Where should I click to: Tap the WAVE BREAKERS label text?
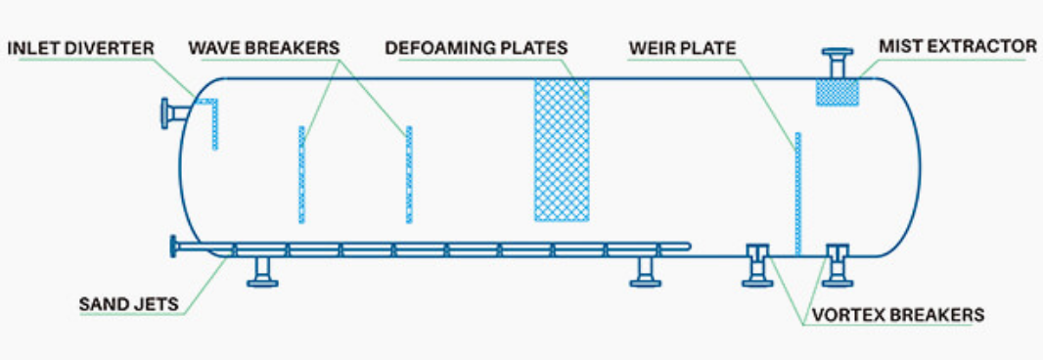tap(264, 47)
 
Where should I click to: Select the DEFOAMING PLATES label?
tap(476, 47)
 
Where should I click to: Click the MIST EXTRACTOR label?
tap(957, 46)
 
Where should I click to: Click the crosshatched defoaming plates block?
tap(561, 149)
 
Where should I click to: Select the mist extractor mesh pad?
tap(837, 92)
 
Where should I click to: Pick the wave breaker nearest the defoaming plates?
tap(408, 174)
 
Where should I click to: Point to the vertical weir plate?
tap(799, 193)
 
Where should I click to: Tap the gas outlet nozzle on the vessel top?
tap(838, 63)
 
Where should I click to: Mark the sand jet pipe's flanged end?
tap(175, 248)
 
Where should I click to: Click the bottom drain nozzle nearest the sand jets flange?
tap(262, 272)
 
